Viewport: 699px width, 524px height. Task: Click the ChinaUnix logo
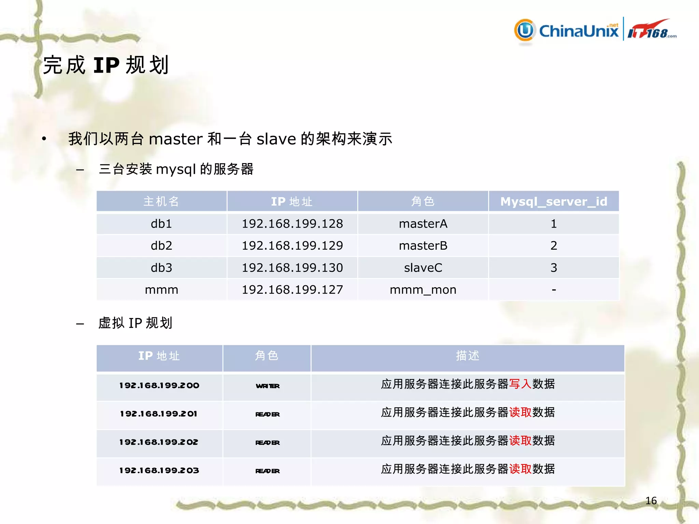pos(567,31)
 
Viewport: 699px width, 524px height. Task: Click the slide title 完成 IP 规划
pos(106,65)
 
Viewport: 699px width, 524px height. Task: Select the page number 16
pos(651,500)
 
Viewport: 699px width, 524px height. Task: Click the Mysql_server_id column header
pos(554,201)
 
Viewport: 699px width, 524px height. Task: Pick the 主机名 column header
pos(161,201)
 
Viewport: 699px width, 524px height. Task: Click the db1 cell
pos(161,224)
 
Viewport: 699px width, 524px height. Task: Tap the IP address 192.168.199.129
pos(292,246)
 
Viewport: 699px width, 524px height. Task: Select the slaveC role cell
pos(423,268)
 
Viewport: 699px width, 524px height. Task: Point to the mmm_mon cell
pos(423,290)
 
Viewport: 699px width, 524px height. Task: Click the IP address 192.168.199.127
pos(292,290)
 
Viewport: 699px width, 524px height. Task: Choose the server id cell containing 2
pos(554,246)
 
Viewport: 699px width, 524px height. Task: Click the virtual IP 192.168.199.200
pos(159,385)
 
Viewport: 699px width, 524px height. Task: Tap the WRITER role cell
pos(268,386)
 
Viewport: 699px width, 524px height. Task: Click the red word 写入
pos(520,384)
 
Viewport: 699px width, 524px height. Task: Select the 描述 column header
pos(468,356)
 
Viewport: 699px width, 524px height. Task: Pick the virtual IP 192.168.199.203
pos(159,470)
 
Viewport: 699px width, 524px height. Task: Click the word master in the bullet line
pos(176,139)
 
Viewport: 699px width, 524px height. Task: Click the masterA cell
pos(423,224)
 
